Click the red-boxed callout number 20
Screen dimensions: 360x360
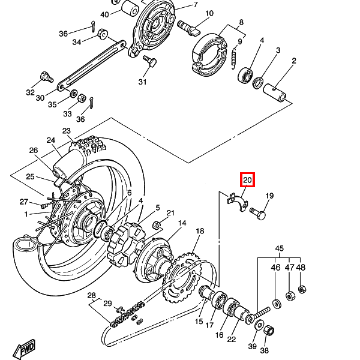click(x=247, y=180)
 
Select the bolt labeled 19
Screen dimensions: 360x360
click(x=258, y=213)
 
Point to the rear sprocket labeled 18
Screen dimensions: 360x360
click(x=181, y=277)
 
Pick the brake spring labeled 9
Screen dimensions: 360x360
click(x=234, y=59)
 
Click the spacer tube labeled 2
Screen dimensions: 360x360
click(x=274, y=92)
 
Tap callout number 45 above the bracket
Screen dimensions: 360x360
click(x=280, y=248)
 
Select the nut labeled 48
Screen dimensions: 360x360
click(x=302, y=289)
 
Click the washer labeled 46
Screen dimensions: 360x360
click(x=276, y=304)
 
